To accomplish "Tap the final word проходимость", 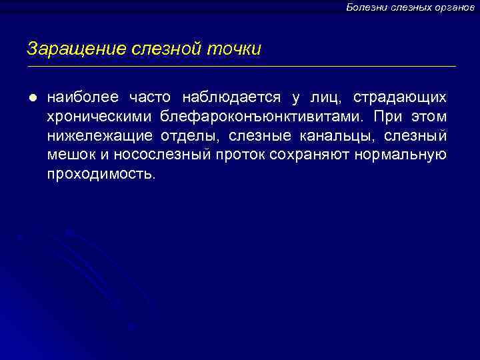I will pyautogui.click(x=101, y=175).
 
